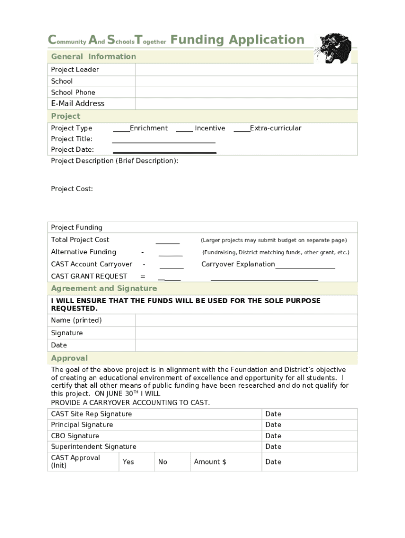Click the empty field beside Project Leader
(246, 70)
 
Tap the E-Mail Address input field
(246, 104)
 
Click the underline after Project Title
(164, 140)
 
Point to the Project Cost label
(72, 189)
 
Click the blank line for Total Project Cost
(167, 242)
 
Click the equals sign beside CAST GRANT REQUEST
(143, 276)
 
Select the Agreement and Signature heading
(104, 288)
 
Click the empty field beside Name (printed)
(246, 320)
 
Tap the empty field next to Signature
(246, 333)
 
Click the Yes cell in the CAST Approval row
(128, 462)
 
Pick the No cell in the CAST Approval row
(163, 462)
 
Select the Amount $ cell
(210, 462)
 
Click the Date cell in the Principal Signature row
(274, 425)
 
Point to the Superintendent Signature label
(94, 447)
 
